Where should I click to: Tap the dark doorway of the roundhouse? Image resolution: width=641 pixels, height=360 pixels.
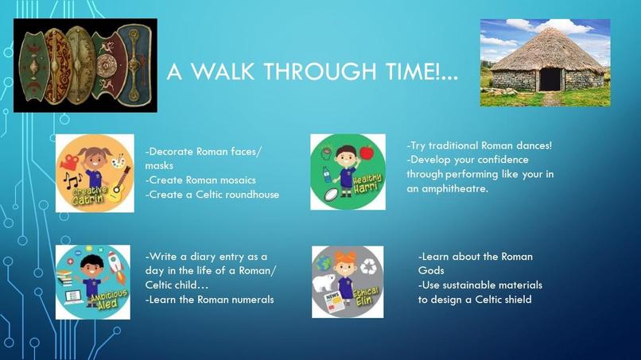pos(550,79)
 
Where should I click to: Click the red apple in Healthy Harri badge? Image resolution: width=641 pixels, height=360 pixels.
pos(367,152)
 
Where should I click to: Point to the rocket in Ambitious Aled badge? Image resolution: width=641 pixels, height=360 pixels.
pos(116,267)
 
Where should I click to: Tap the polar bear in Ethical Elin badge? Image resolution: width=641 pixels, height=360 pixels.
pos(324,283)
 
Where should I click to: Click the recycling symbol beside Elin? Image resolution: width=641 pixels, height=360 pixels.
pos(369,266)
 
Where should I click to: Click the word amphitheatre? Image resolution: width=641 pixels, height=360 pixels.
pos(455,189)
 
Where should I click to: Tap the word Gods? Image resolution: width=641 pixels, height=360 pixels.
pos(431,270)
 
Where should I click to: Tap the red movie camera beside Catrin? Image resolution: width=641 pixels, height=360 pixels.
pos(69,161)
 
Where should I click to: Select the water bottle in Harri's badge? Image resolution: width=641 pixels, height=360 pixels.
pos(327,176)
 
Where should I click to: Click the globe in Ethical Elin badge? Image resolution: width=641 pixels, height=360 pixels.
pos(324,263)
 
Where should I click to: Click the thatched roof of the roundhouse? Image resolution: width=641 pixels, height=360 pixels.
pos(547,49)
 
